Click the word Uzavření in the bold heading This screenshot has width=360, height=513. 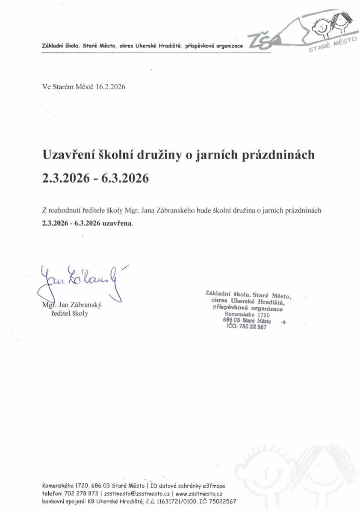[x=67, y=155]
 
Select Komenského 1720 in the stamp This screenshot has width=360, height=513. [x=247, y=315]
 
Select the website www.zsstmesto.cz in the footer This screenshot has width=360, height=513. [x=199, y=493]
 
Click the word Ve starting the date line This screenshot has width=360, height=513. [x=46, y=86]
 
